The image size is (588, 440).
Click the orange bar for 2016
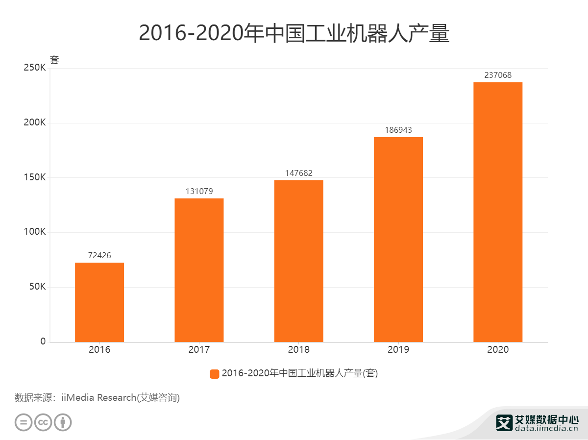click(99, 302)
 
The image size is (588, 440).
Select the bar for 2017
click(199, 270)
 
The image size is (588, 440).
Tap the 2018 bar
click(298, 261)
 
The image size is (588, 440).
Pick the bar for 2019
click(398, 240)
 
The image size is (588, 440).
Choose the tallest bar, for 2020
click(498, 212)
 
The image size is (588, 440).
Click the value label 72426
click(99, 256)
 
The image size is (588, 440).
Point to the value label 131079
click(199, 192)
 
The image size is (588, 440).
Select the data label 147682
click(298, 173)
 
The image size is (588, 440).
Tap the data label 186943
click(398, 130)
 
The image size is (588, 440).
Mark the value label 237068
click(498, 75)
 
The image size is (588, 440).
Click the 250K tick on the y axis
click(34, 68)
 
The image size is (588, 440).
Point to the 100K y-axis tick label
click(34, 232)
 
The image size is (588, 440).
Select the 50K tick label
click(36, 287)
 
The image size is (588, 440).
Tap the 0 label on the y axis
click(43, 342)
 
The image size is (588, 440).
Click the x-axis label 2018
click(298, 350)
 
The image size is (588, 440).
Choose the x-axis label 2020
click(498, 350)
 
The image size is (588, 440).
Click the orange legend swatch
click(214, 374)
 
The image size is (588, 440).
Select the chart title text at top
click(294, 33)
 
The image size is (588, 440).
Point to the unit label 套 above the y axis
click(54, 60)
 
